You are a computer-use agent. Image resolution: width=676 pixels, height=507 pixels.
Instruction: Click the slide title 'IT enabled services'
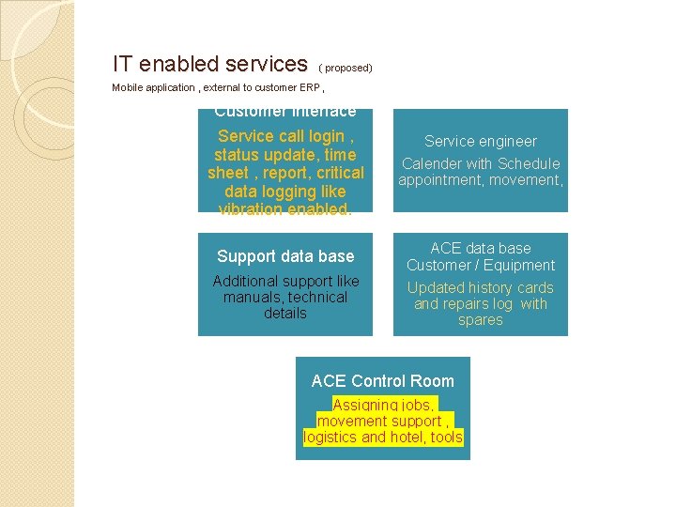[209, 64]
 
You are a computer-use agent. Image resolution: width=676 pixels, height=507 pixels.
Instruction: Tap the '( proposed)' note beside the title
[346, 68]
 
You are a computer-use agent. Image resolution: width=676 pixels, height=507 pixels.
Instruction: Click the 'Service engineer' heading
[480, 141]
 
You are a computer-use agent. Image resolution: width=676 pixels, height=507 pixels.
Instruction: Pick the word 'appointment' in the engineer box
[437, 179]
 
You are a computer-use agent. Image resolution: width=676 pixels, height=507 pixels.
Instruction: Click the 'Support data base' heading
[285, 256]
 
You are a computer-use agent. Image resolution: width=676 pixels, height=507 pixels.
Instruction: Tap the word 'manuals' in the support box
[253, 297]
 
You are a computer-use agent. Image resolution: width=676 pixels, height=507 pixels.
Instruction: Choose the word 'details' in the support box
[284, 313]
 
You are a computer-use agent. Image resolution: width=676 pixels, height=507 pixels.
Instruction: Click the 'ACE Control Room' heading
[382, 381]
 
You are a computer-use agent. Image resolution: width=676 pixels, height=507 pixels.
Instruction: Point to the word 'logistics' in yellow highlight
[330, 437]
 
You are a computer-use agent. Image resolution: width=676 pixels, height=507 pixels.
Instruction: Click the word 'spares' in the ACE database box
[480, 319]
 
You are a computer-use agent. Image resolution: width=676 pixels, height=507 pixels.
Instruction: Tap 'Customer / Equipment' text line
[480, 266]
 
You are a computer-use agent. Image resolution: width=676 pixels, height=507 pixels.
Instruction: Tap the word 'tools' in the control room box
[447, 437]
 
